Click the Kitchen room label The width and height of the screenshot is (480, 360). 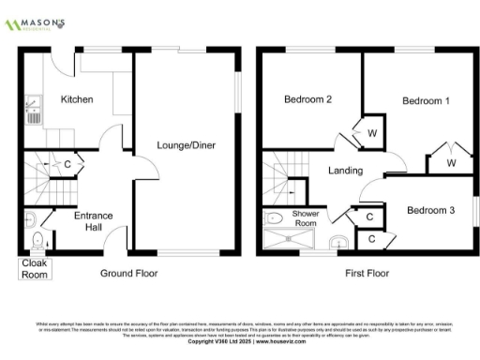[77, 99]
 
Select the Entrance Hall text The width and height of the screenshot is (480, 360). [94, 221]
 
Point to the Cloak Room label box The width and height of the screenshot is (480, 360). [35, 270]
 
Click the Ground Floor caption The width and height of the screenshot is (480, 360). [128, 274]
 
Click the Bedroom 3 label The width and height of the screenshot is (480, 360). [430, 211]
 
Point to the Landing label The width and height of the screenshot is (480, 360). [345, 171]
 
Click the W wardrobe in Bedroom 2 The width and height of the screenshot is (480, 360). [372, 133]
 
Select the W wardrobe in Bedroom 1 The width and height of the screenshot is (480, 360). [451, 163]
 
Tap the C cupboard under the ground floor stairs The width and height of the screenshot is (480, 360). [67, 165]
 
